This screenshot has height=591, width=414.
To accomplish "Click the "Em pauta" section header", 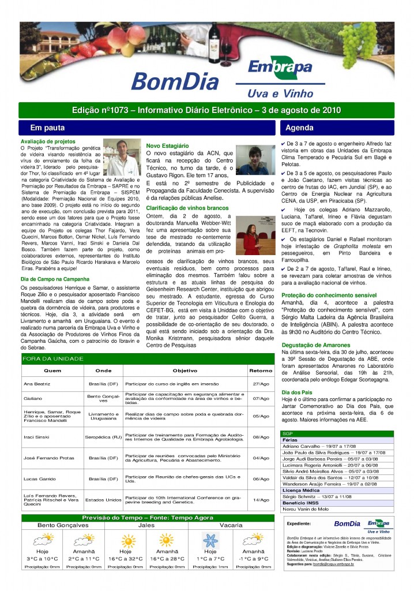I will point(47,128).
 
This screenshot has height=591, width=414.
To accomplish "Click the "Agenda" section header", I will point(300,128).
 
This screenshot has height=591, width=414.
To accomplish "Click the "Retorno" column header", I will point(261,371).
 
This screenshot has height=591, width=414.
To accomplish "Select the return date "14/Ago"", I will point(261,500).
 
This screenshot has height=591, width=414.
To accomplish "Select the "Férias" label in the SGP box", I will point(289,440).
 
